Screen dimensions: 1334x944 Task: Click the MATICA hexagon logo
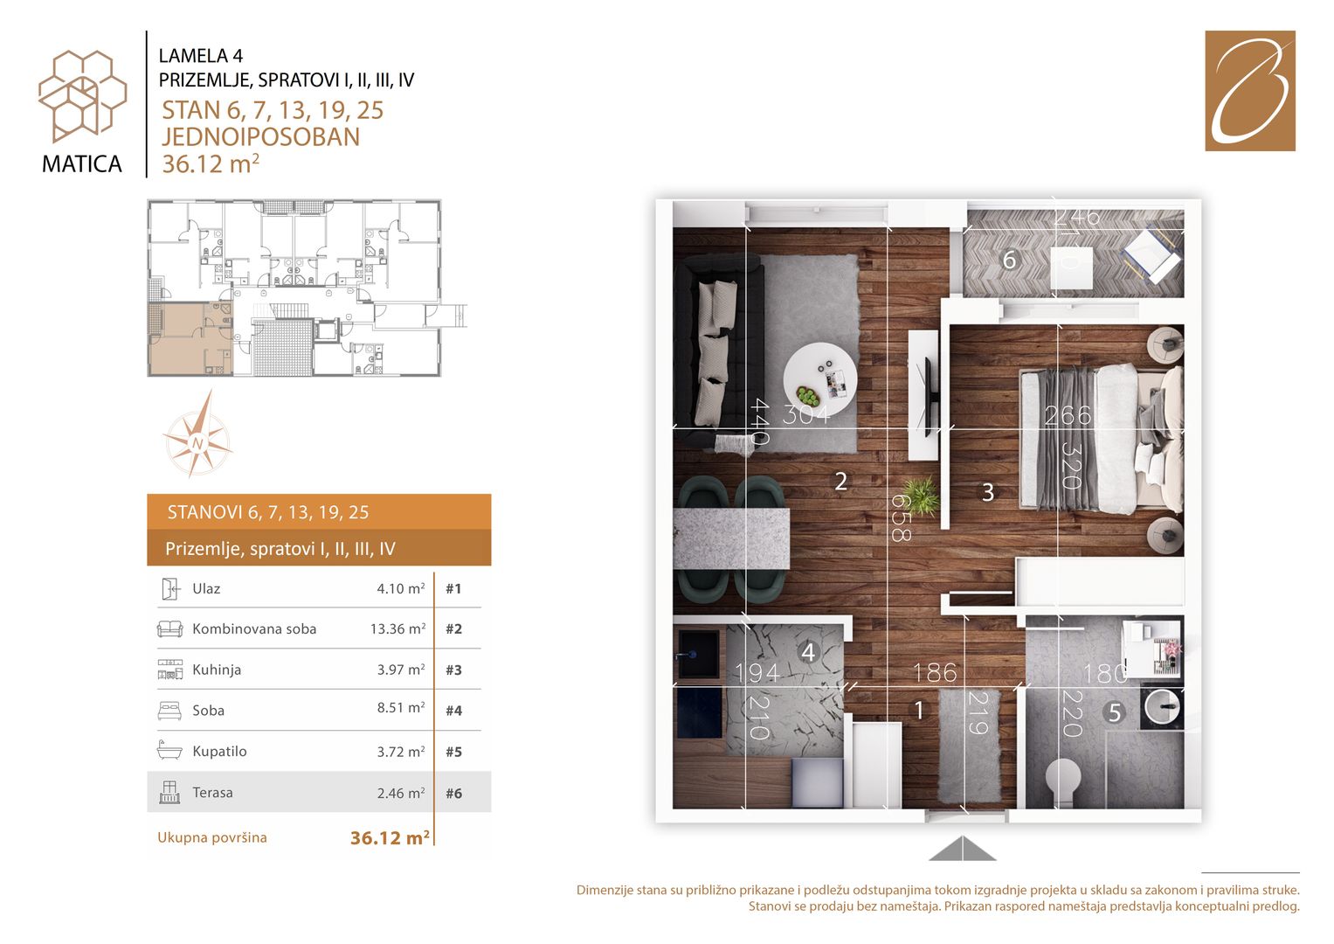click(82, 96)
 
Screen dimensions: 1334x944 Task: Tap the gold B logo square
click(1250, 91)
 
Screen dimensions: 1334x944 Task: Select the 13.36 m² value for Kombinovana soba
click(397, 628)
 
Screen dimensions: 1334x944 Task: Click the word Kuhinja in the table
click(217, 670)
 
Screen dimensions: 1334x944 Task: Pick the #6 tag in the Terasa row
click(453, 794)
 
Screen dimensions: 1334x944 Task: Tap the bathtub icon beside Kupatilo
click(169, 750)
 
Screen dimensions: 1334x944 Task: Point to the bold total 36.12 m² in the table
click(391, 838)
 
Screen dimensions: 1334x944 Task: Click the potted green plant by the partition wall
click(921, 496)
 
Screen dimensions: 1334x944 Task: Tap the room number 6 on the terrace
click(1009, 260)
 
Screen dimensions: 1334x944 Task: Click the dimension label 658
click(901, 517)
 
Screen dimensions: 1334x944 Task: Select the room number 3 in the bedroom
click(988, 492)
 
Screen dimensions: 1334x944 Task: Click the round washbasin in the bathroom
click(1162, 707)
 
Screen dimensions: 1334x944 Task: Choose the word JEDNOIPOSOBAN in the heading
click(261, 137)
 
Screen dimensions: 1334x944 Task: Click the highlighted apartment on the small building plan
click(190, 338)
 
